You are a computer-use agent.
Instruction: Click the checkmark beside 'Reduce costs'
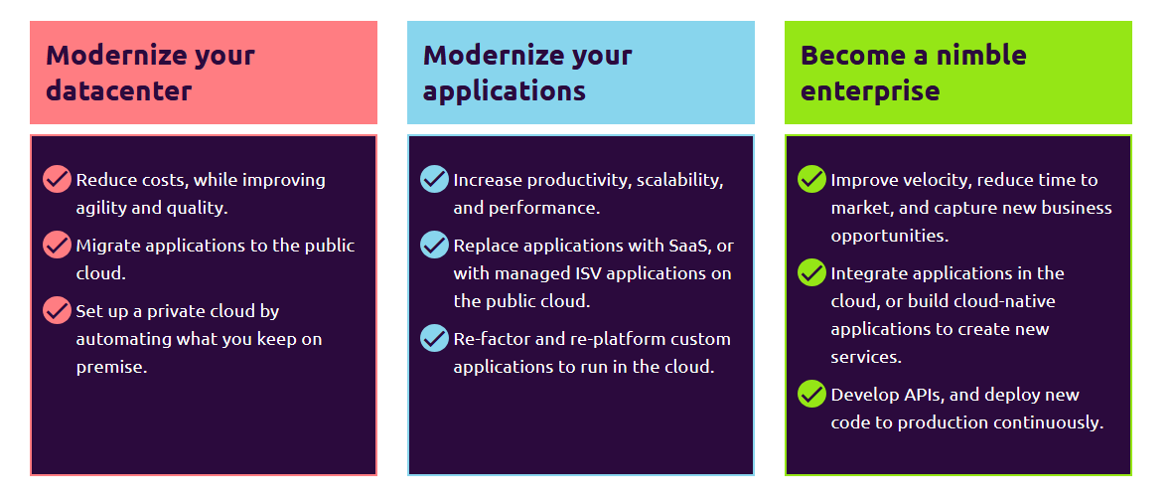pyautogui.click(x=57, y=180)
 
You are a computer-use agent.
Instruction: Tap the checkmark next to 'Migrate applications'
pyautogui.click(x=57, y=245)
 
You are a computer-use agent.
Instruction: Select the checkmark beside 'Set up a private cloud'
pyautogui.click(x=57, y=309)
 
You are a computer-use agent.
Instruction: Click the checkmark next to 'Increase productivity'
pyautogui.click(x=434, y=180)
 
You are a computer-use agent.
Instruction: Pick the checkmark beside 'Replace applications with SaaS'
pyautogui.click(x=434, y=245)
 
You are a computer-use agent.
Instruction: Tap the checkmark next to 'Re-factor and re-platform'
pyautogui.click(x=434, y=338)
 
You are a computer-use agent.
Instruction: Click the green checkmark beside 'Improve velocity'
pyautogui.click(x=811, y=180)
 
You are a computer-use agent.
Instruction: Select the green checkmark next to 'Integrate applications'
pyautogui.click(x=811, y=273)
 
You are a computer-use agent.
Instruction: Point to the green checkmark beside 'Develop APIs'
pyautogui.click(x=811, y=394)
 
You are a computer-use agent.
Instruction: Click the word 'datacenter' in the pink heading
pyautogui.click(x=119, y=90)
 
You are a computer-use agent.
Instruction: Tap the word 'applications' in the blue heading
pyautogui.click(x=505, y=91)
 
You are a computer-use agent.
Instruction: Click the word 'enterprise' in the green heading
pyautogui.click(x=870, y=91)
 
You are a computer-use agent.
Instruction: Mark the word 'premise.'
pyautogui.click(x=112, y=368)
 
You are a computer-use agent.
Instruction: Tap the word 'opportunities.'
pyautogui.click(x=890, y=237)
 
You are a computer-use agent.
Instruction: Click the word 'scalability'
pyautogui.click(x=681, y=181)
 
